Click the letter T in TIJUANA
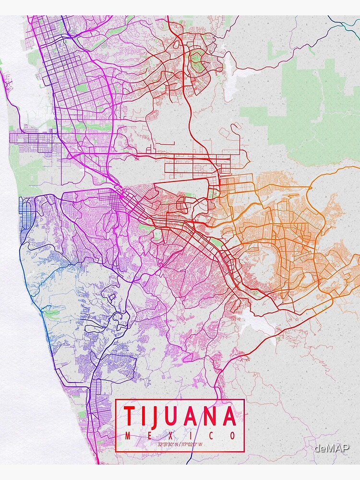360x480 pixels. (129, 416)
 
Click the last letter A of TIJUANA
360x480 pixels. (230, 416)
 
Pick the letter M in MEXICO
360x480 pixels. (128, 436)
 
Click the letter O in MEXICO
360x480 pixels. (233, 436)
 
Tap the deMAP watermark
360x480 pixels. (332, 448)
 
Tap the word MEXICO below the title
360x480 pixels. (180, 436)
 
